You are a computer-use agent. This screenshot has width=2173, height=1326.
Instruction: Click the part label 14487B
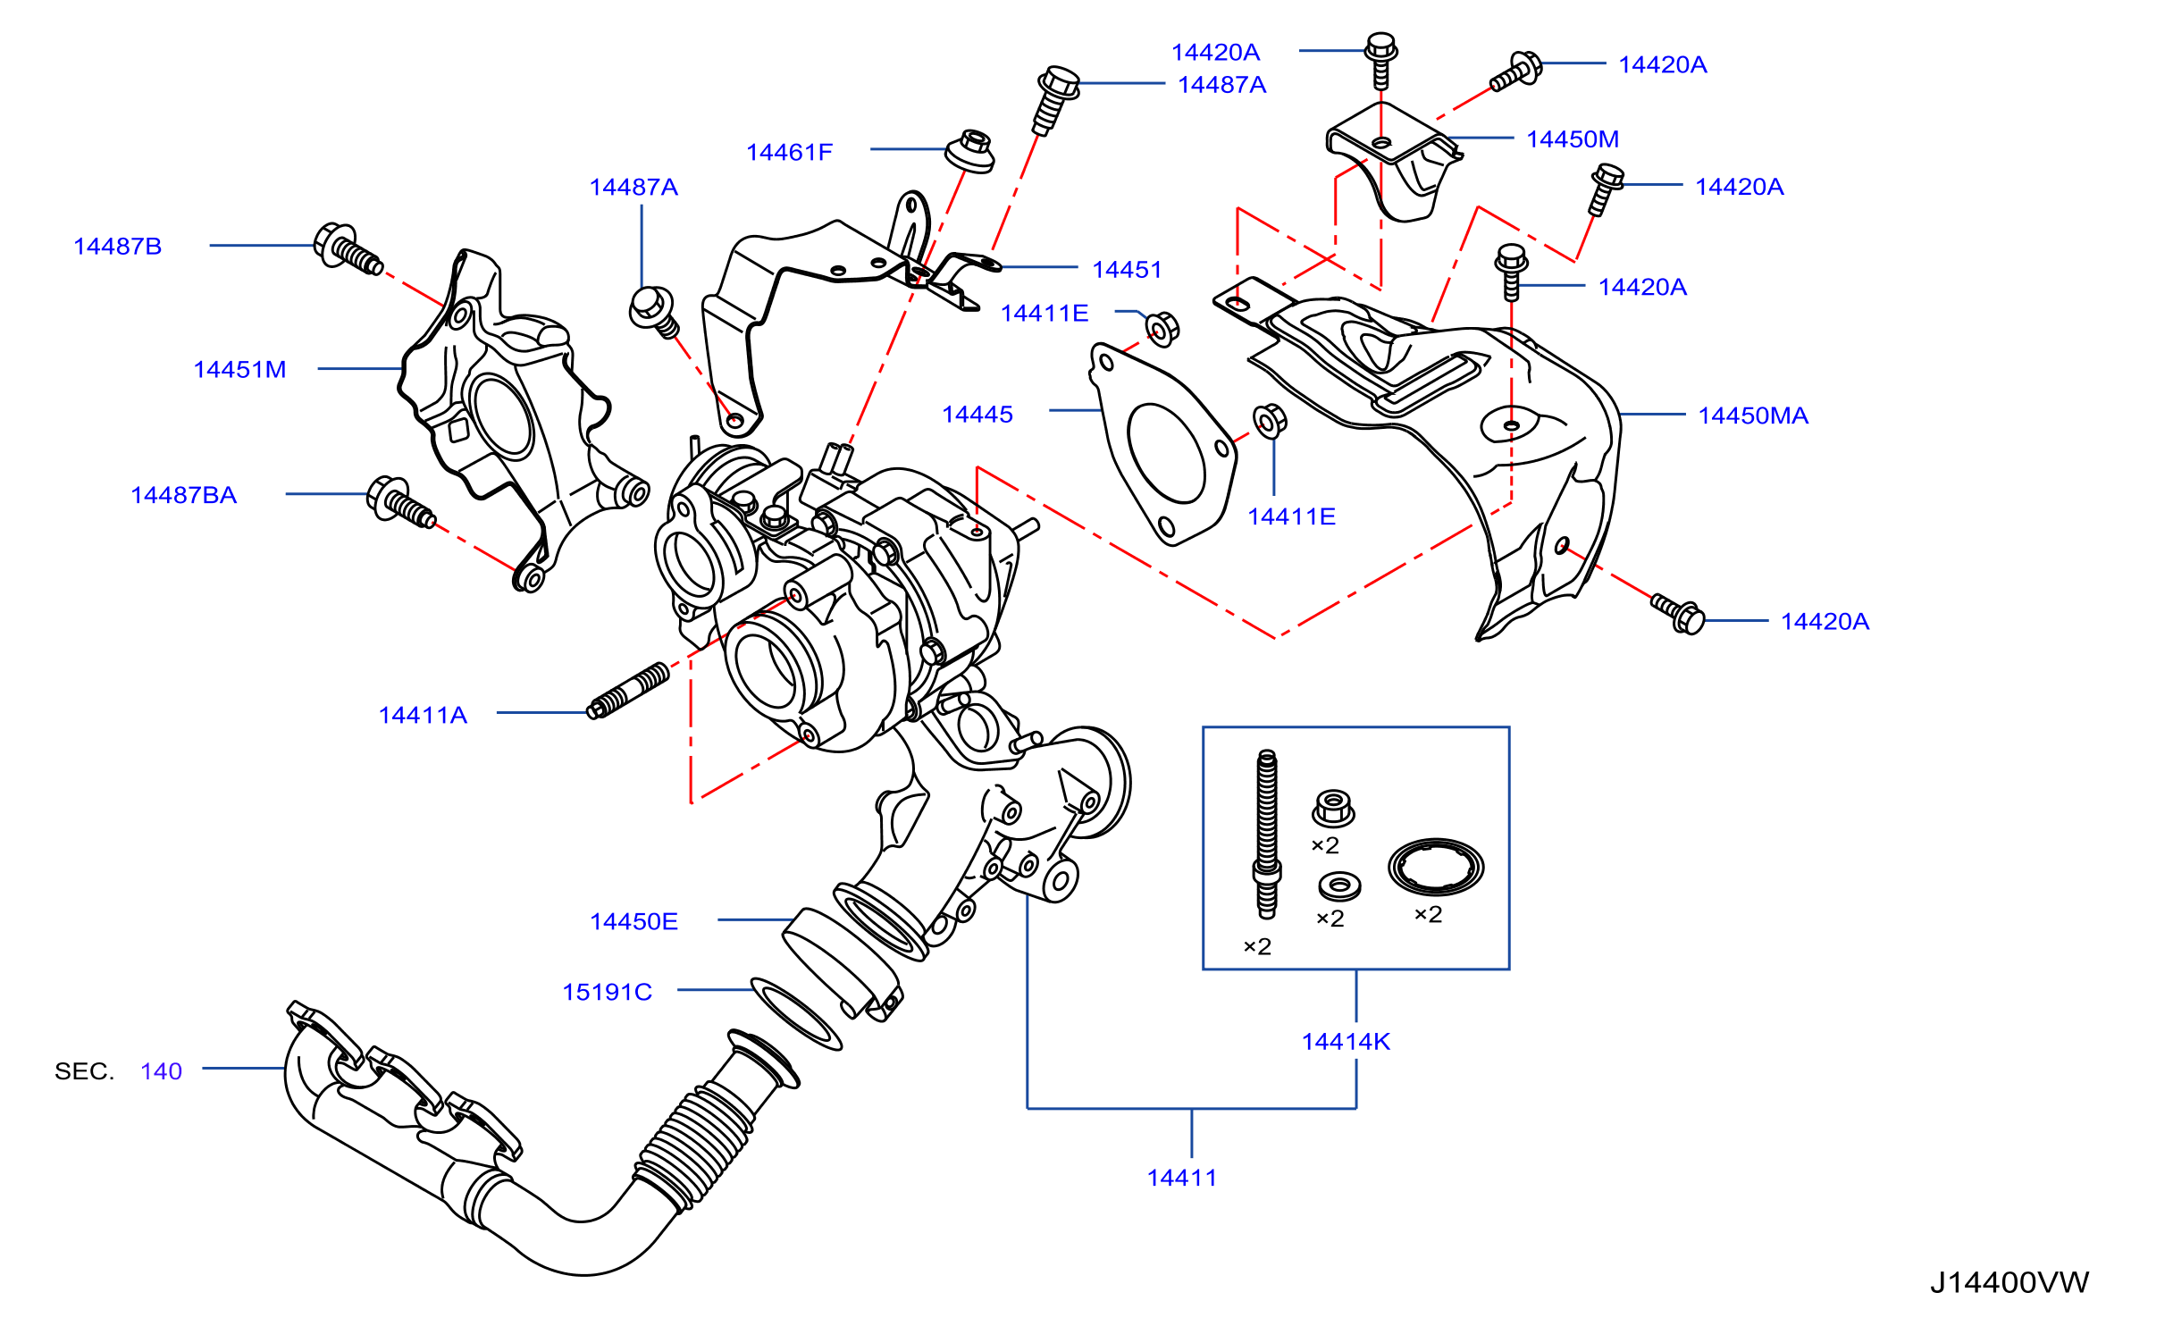[117, 247]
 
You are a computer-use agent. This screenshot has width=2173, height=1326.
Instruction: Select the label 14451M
[239, 370]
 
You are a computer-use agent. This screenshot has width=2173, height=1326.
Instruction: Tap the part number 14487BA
[183, 495]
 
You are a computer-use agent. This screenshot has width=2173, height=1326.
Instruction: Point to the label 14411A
[423, 715]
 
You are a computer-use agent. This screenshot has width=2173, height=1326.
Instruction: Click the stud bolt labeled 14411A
[627, 691]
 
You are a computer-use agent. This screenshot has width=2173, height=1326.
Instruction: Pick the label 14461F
[789, 153]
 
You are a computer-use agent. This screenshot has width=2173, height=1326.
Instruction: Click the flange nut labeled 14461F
[970, 152]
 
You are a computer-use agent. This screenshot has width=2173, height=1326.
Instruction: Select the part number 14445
[977, 415]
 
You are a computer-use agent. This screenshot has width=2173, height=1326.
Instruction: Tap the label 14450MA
[1753, 415]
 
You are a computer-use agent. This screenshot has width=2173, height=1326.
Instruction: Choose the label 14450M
[1573, 139]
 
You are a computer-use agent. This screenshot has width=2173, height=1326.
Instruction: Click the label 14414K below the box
[1346, 1042]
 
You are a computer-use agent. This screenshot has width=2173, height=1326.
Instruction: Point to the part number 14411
[1181, 1178]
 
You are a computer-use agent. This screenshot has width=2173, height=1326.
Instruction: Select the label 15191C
[607, 992]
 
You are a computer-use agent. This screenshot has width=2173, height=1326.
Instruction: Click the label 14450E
[633, 921]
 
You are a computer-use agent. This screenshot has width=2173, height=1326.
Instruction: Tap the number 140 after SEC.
[161, 1071]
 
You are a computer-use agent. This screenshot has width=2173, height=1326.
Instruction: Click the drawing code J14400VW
[2009, 1282]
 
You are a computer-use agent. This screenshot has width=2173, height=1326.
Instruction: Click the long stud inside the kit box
[1267, 835]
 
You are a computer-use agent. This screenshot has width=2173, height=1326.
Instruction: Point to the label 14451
[1127, 270]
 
